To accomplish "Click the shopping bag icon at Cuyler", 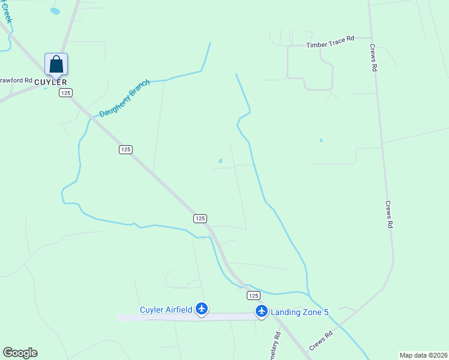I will (56, 64).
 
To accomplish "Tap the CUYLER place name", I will (50, 82).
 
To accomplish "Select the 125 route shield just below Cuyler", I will (65, 92).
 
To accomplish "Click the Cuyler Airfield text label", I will (166, 310).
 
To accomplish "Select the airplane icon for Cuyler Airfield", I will (202, 309).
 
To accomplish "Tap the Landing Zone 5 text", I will (300, 312).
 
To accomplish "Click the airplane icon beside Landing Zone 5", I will (261, 311).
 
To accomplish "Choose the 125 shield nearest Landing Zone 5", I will (253, 295).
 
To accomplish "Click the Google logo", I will (20, 353).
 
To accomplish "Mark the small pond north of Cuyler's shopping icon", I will (55, 11).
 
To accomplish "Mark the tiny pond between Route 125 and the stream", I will (220, 161).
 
